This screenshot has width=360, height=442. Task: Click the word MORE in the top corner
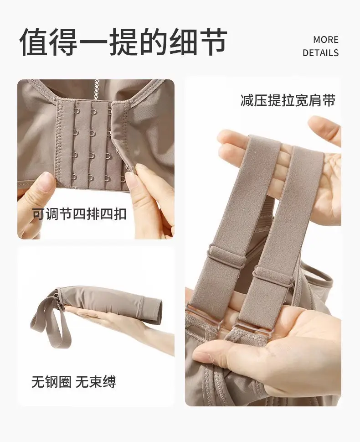(x=326, y=40)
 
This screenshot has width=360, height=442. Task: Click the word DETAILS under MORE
(x=320, y=53)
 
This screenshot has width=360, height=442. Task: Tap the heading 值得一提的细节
(x=123, y=42)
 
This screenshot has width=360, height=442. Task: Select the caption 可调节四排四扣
(x=79, y=214)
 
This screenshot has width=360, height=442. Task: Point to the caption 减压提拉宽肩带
(x=288, y=100)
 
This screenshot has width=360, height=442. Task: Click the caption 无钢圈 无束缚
(x=73, y=382)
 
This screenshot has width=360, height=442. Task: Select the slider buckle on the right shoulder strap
(x=273, y=276)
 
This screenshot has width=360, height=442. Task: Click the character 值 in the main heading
(x=34, y=42)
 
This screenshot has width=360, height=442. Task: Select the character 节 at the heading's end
(x=213, y=42)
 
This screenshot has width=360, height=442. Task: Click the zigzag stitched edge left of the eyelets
(x=60, y=144)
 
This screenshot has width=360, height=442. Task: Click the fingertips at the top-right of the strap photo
(x=324, y=128)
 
